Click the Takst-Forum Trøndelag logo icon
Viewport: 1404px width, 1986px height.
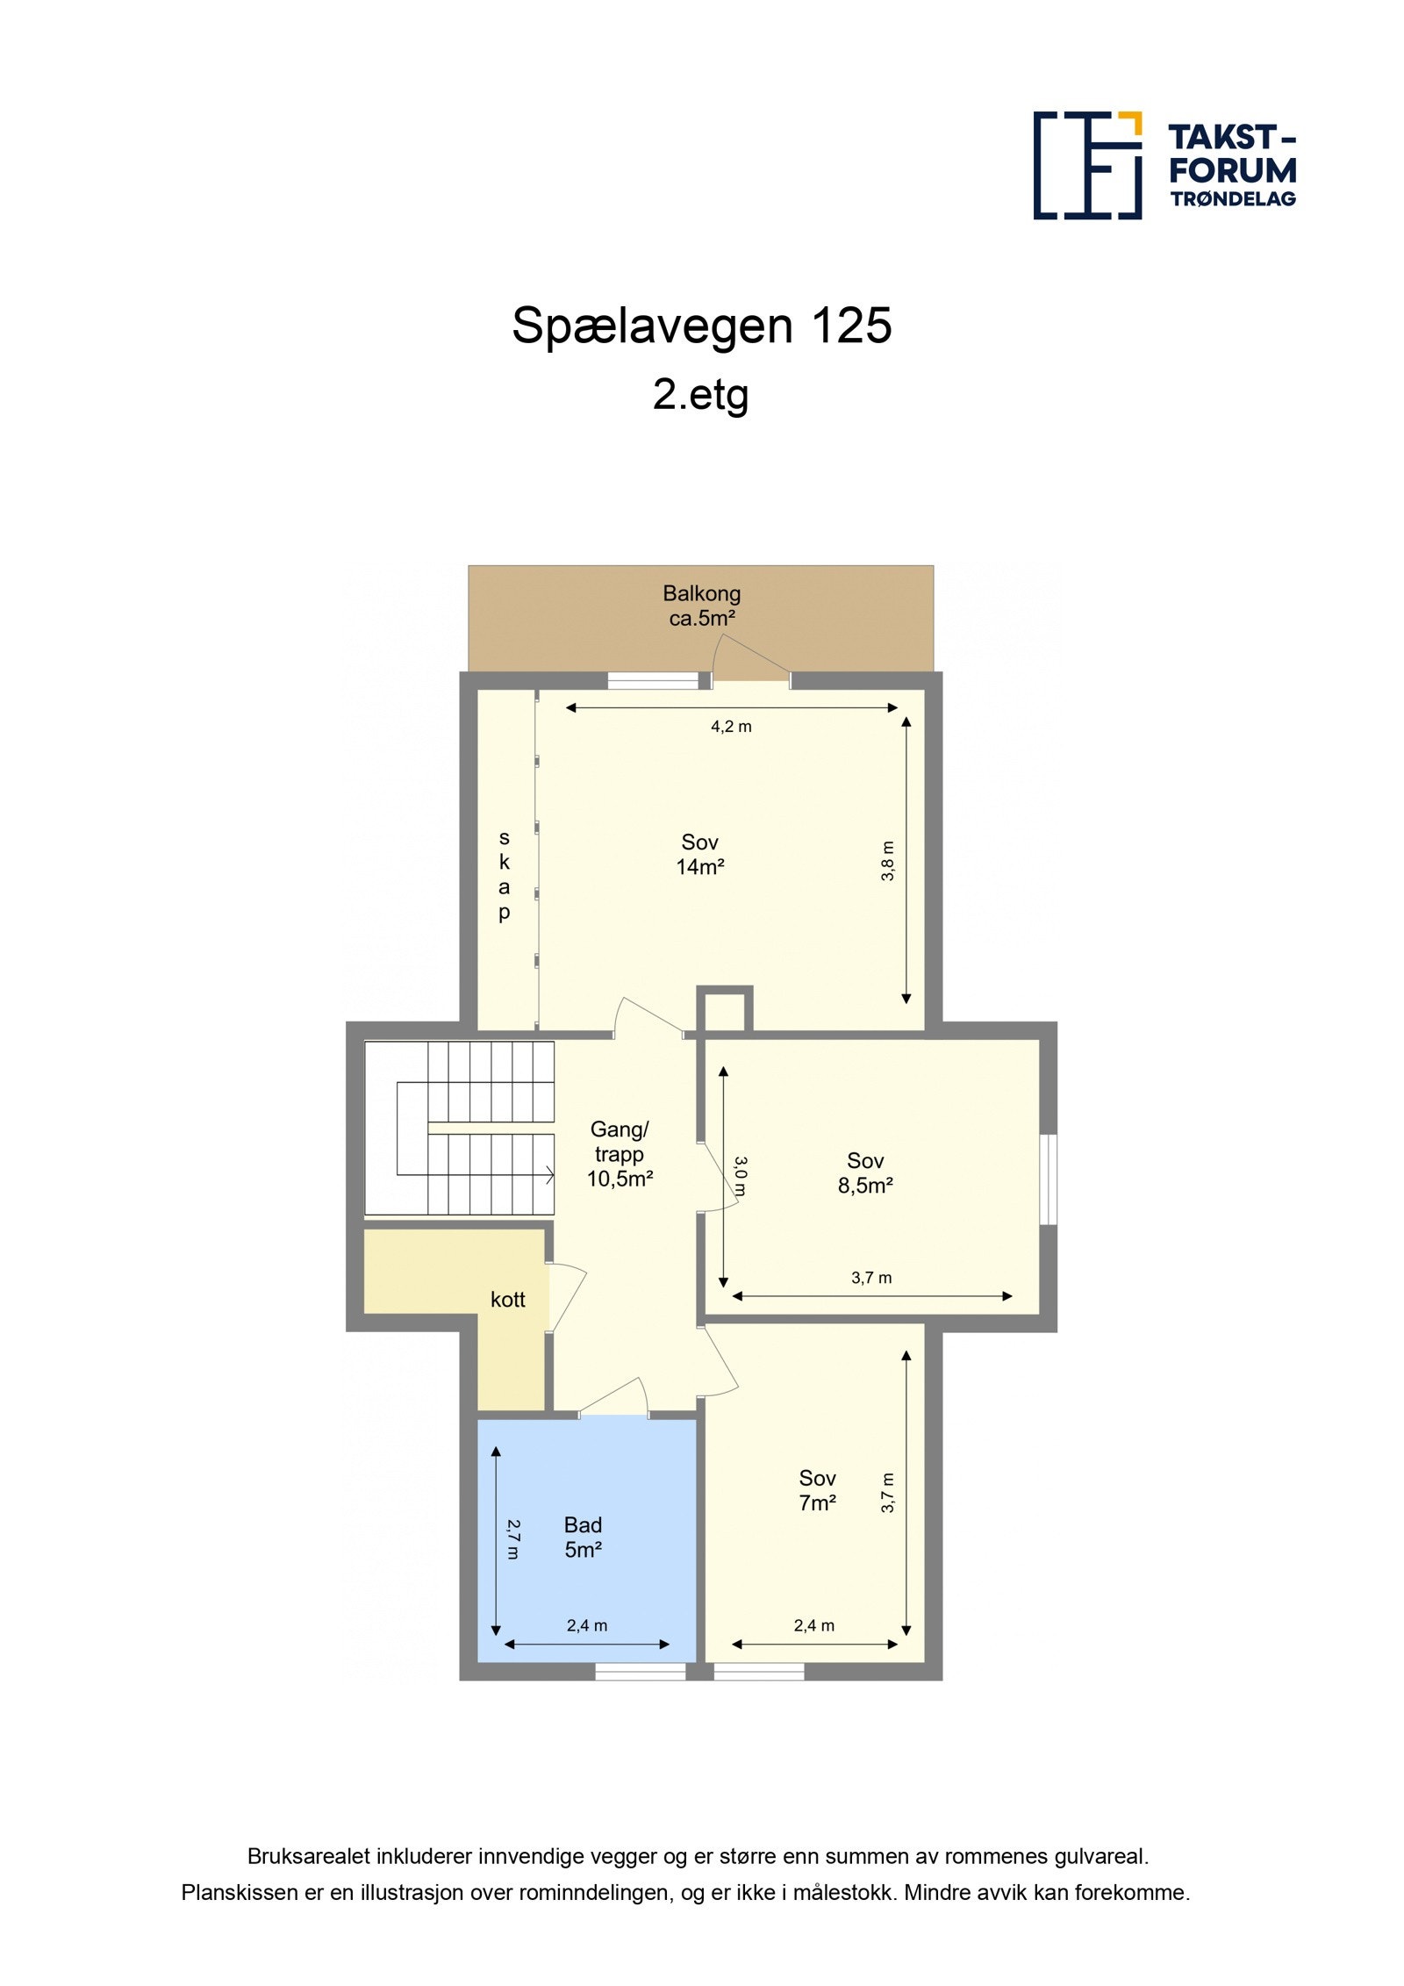[1086, 165]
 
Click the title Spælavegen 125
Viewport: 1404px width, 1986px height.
[701, 326]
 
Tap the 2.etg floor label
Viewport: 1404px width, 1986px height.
[700, 394]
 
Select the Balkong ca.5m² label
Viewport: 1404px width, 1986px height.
[701, 606]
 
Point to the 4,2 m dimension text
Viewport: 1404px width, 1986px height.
[731, 727]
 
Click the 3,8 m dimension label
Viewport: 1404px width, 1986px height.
[888, 861]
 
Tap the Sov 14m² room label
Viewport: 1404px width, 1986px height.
[699, 854]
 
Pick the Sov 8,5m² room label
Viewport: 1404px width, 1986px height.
[865, 1173]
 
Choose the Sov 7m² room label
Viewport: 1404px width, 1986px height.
[817, 1490]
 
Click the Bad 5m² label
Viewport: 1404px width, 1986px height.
[583, 1537]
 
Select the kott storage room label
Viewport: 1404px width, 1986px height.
[507, 1300]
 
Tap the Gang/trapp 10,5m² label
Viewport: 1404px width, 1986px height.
[620, 1154]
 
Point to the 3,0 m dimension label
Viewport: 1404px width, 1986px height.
[740, 1176]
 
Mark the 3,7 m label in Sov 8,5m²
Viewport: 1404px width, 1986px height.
[871, 1278]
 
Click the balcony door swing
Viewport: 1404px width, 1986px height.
[746, 659]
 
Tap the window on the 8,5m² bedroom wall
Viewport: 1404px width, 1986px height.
[1048, 1179]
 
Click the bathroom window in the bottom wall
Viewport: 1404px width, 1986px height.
[641, 1673]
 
